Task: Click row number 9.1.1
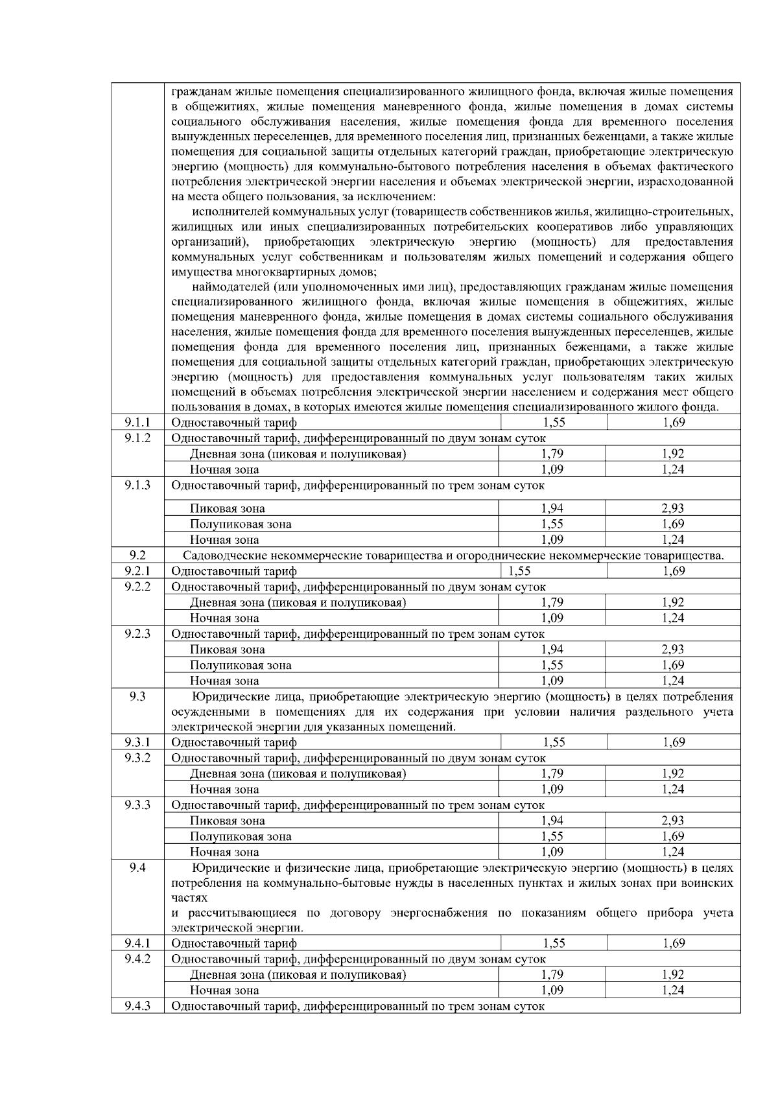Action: (137, 423)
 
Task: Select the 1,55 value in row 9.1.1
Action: (554, 423)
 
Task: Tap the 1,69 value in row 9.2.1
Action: (674, 571)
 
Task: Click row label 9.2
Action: (137, 555)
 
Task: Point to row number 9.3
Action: (137, 697)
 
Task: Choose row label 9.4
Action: (137, 868)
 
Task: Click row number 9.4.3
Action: (137, 1006)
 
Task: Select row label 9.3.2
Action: (137, 758)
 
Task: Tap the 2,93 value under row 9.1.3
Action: (673, 508)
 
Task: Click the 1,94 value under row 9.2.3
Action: (552, 649)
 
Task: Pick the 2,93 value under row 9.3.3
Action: (673, 821)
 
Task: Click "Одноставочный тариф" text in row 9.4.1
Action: (233, 943)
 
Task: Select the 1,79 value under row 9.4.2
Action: (552, 974)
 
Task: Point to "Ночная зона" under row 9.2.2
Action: (224, 618)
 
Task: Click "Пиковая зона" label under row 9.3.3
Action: (227, 821)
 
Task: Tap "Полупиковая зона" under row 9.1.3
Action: (241, 524)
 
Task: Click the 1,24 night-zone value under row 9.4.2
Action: (673, 990)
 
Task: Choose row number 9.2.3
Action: (137, 633)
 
